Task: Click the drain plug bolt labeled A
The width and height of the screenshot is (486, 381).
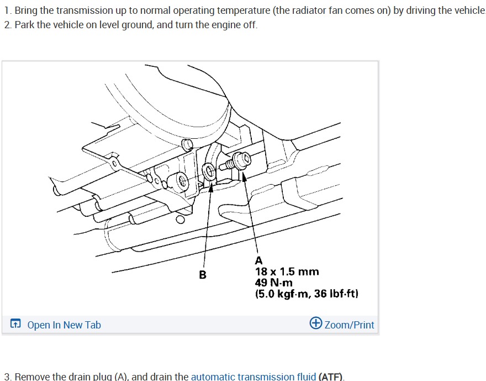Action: pos(239,161)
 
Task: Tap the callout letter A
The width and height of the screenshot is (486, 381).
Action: pos(259,260)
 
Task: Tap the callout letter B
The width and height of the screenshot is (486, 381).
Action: pos(203,274)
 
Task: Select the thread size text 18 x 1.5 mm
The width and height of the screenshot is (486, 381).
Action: pos(287,272)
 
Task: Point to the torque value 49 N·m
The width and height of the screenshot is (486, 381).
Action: pos(274,283)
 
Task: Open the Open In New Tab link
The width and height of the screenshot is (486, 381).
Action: pos(64,325)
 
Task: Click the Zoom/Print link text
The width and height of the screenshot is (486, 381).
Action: pos(349,325)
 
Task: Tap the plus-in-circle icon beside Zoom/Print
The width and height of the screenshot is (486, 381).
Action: pos(316,323)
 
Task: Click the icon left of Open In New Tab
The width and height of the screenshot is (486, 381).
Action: pos(16,325)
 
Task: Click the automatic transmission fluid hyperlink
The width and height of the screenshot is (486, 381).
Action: pos(253,377)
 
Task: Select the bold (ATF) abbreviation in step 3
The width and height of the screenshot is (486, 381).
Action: pos(331,377)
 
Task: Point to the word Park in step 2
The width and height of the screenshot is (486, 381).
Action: pos(24,25)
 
